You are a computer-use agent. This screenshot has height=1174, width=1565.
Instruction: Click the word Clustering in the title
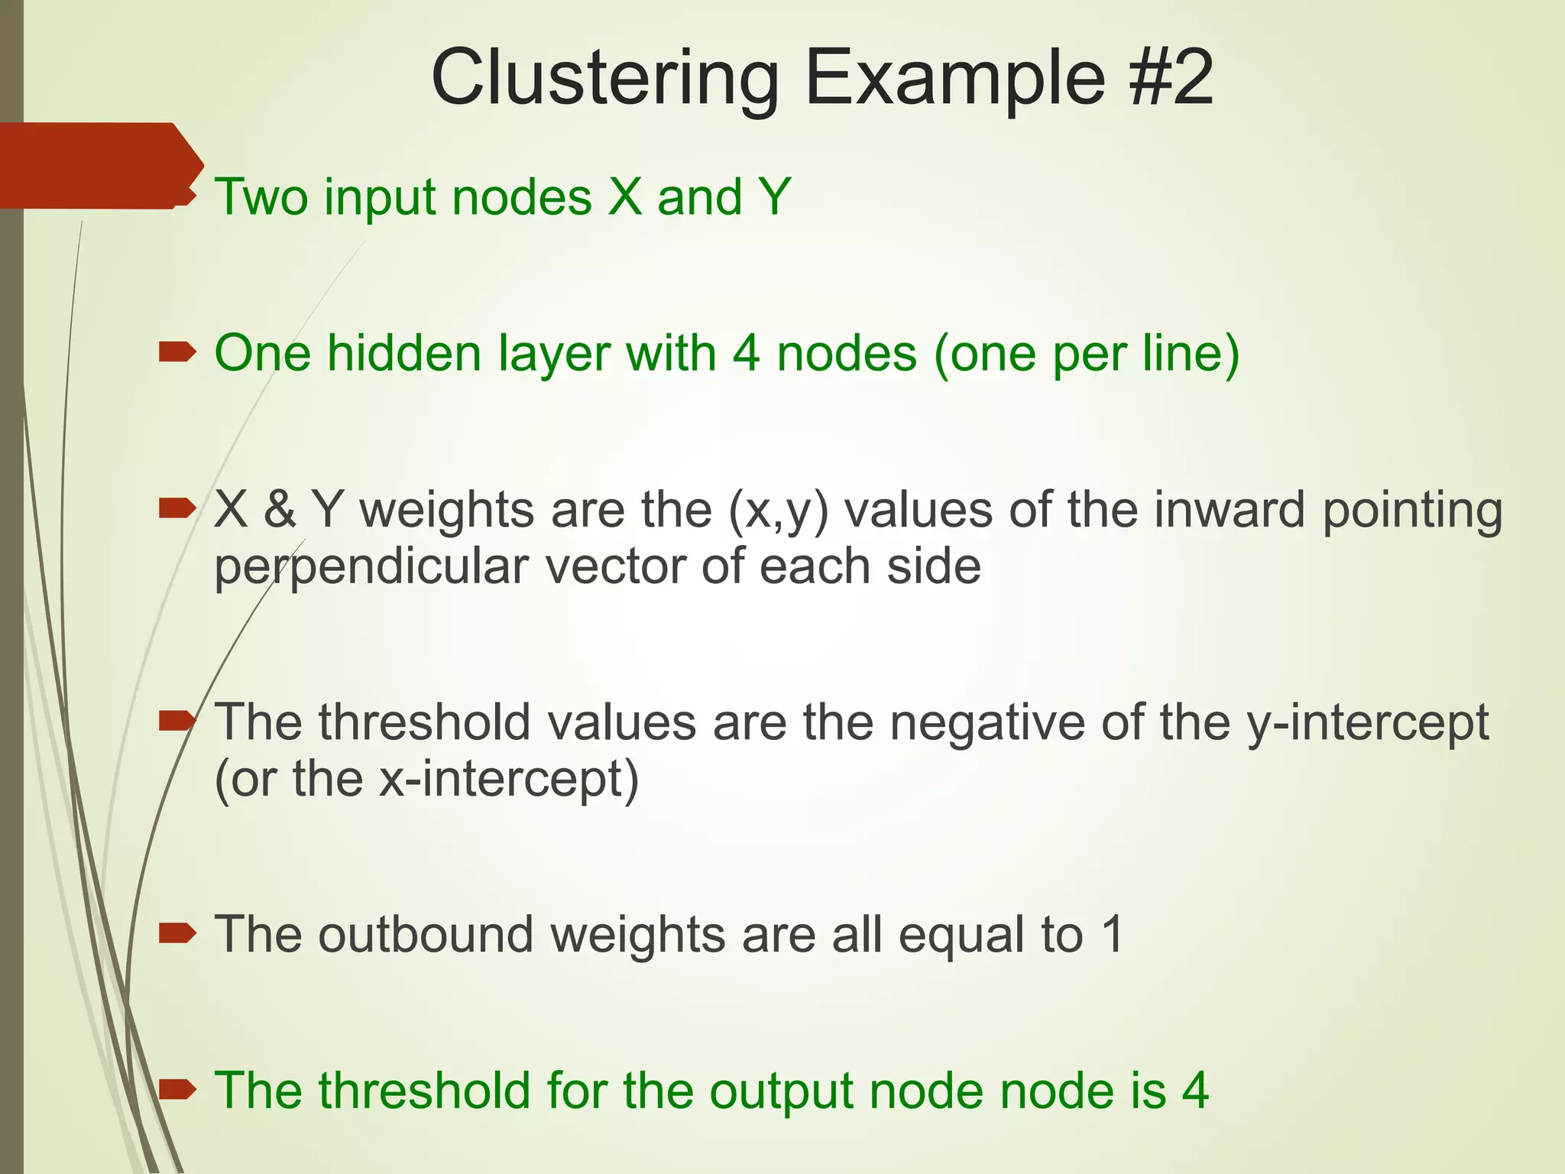tap(604, 79)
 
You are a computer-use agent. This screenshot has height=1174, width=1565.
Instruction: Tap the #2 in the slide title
tap(1169, 77)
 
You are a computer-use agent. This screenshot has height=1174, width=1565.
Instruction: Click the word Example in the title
tap(954, 79)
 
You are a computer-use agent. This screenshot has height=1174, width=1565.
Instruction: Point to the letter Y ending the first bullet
tap(774, 196)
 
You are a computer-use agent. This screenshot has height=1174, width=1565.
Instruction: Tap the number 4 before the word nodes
tap(746, 353)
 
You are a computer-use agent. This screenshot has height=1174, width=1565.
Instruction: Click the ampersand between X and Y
tap(280, 510)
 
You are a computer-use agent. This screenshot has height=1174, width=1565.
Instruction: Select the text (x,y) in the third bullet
tap(778, 511)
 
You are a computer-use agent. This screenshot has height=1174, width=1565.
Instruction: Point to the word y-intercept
tap(1367, 723)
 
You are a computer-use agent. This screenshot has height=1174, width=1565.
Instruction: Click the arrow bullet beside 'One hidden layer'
tap(177, 353)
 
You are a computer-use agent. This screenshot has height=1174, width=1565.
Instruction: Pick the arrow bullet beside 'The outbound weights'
tap(177, 933)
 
